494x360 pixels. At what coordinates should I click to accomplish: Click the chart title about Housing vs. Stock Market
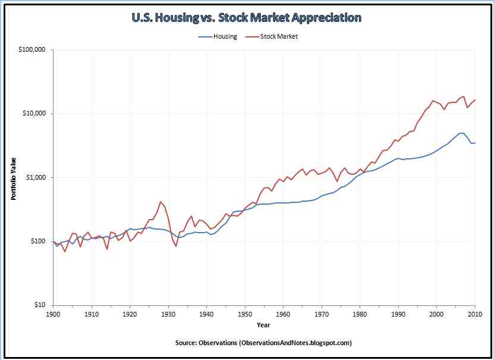point(247,18)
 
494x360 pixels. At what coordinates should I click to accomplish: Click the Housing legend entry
point(218,36)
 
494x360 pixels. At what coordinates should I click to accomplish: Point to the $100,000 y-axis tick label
point(32,49)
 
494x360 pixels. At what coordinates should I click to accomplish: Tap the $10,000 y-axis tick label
point(33,113)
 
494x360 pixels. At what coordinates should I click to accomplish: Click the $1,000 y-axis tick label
point(35,177)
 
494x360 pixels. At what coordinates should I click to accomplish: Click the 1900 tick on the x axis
point(53,314)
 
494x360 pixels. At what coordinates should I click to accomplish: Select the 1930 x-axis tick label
point(168,314)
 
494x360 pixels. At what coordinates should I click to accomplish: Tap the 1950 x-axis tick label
point(245,314)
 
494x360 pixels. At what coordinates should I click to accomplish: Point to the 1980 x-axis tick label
point(360,314)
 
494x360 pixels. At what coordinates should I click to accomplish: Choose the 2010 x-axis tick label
point(474,314)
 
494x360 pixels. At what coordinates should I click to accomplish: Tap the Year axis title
point(263,325)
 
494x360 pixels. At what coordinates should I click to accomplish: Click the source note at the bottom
point(263,343)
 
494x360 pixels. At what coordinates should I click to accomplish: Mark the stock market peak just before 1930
point(161,201)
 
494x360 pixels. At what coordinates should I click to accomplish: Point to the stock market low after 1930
point(176,246)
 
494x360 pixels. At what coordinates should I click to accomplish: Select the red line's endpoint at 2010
point(475,100)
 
